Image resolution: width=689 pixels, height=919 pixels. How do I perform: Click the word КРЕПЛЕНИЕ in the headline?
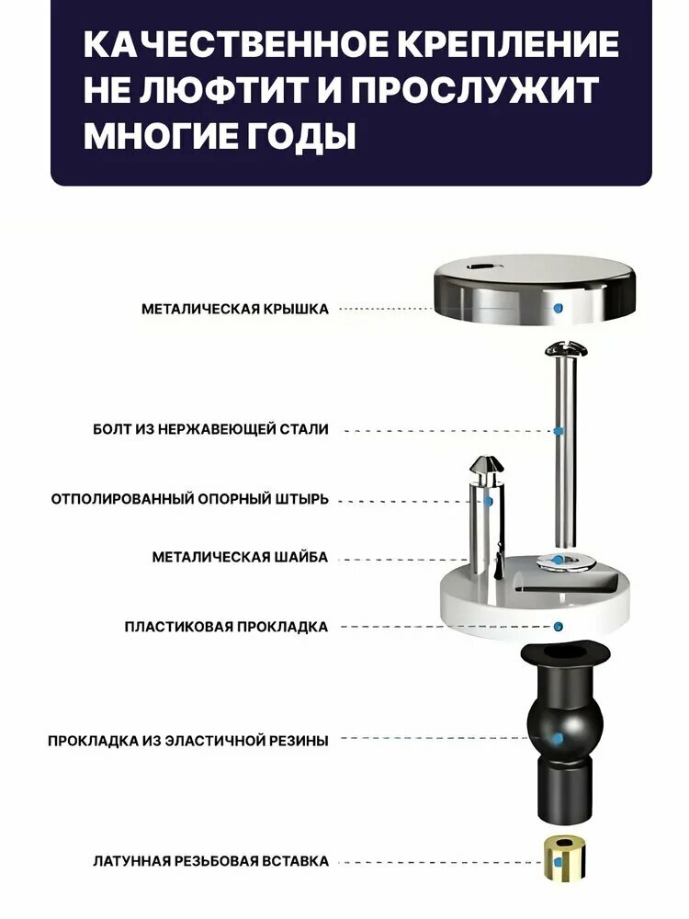point(511,44)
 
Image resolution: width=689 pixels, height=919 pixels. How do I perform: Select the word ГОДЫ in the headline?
point(299,136)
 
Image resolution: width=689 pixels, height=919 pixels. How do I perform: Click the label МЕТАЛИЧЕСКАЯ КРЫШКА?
point(235,309)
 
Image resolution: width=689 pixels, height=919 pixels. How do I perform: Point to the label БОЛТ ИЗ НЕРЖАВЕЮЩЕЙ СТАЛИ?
point(211,429)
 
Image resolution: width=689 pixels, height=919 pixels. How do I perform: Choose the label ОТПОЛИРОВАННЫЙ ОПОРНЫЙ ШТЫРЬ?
point(190,499)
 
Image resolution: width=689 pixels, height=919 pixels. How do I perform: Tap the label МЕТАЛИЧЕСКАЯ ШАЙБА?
point(240,557)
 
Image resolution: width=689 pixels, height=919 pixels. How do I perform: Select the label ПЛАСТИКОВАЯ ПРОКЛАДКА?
point(226,627)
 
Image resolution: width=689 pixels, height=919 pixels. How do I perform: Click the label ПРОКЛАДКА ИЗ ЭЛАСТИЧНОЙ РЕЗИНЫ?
point(188,741)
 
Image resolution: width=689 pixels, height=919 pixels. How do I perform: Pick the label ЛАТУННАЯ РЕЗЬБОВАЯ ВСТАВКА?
point(211,862)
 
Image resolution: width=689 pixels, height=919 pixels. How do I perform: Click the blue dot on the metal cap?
point(559,308)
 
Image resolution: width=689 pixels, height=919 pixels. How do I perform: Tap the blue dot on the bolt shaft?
point(559,431)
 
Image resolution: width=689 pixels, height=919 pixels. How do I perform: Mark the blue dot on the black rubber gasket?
point(559,738)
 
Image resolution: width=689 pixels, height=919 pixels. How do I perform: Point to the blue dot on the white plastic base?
point(559,627)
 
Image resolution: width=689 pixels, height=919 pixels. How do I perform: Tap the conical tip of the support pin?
point(488,465)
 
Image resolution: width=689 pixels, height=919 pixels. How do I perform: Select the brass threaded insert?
point(564,858)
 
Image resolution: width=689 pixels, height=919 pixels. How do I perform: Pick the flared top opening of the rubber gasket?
point(565,654)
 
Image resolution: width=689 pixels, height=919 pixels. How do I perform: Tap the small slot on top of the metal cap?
point(481,267)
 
